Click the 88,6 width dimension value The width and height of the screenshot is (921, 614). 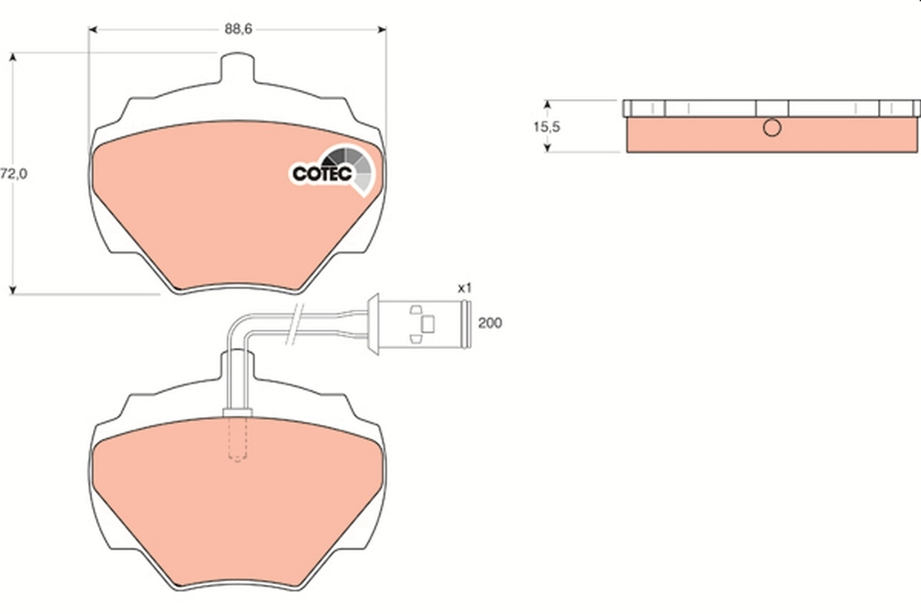239,29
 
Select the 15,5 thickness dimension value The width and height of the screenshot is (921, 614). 546,127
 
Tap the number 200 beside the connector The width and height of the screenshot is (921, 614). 490,323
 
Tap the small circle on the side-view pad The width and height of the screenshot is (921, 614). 771,129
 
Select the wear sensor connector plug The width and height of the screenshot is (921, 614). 418,324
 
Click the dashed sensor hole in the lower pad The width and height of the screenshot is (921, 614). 238,441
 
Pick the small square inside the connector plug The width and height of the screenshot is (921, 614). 428,324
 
